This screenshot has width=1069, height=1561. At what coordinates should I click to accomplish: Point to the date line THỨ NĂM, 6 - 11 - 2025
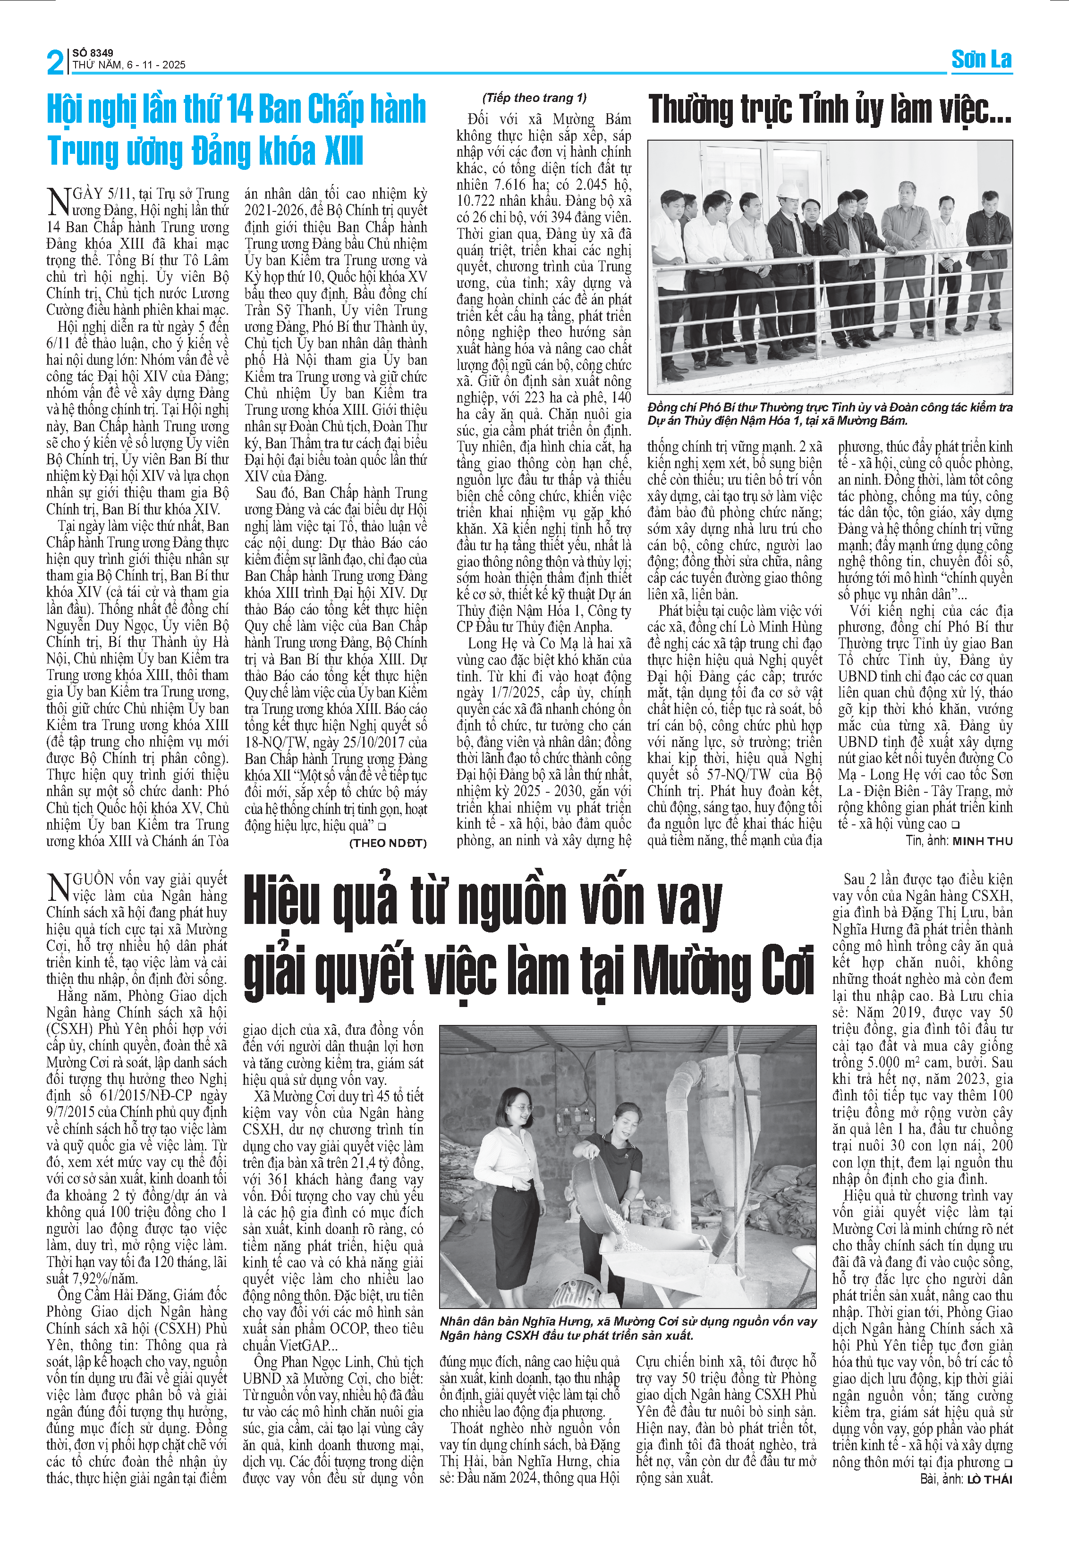pyautogui.click(x=129, y=65)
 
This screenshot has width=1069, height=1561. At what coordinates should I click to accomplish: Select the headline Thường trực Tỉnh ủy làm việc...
pyautogui.click(x=829, y=110)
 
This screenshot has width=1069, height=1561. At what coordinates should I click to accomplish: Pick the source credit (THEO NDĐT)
pyautogui.click(x=388, y=843)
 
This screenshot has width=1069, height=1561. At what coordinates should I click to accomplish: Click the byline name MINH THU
pyautogui.click(x=982, y=841)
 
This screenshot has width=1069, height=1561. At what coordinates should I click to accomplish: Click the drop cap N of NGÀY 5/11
pyautogui.click(x=59, y=201)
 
